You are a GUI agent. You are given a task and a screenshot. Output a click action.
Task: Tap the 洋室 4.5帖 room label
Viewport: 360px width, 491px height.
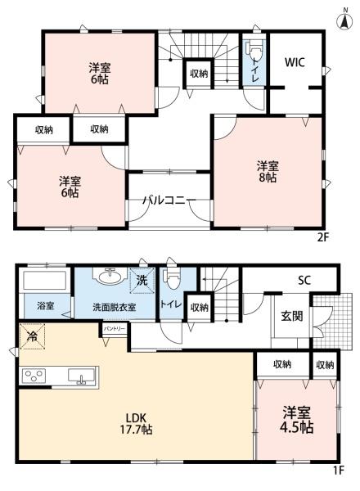[x=297, y=420]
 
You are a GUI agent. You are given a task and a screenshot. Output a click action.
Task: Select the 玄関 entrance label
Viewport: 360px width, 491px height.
[x=292, y=316]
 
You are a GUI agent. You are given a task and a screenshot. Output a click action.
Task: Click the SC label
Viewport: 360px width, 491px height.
[x=304, y=281]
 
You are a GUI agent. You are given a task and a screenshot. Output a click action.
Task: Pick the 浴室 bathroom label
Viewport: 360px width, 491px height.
[x=45, y=306]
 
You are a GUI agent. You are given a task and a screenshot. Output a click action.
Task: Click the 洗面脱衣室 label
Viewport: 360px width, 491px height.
[x=114, y=306]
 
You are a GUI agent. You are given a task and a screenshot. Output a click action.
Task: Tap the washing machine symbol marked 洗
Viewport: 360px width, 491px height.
[x=144, y=279]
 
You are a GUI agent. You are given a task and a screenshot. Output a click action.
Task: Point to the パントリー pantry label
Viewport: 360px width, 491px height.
[x=114, y=328]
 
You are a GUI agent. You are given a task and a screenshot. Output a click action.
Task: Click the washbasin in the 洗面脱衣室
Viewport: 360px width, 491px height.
[x=108, y=277]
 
